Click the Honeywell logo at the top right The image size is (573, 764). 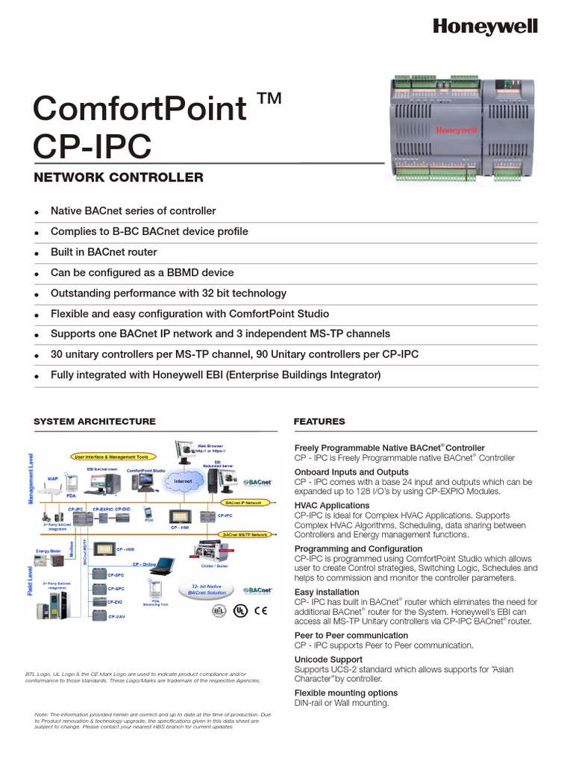coord(485,27)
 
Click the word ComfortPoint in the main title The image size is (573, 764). coord(140,109)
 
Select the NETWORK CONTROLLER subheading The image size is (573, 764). coord(118,178)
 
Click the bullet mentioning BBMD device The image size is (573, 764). coord(142,273)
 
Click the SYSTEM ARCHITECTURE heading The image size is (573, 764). coord(95,422)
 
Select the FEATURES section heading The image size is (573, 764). coord(319,422)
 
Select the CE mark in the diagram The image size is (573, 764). coord(261,610)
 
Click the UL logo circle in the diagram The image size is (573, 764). coord(239,610)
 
